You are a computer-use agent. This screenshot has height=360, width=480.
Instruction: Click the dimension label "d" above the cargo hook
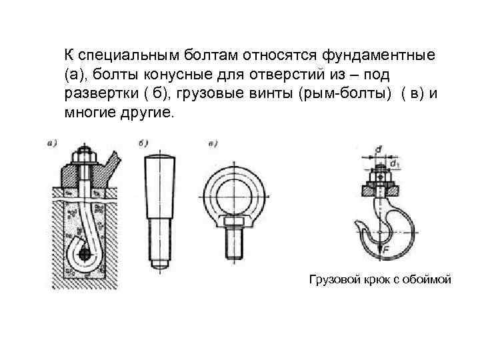click(379, 151)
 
